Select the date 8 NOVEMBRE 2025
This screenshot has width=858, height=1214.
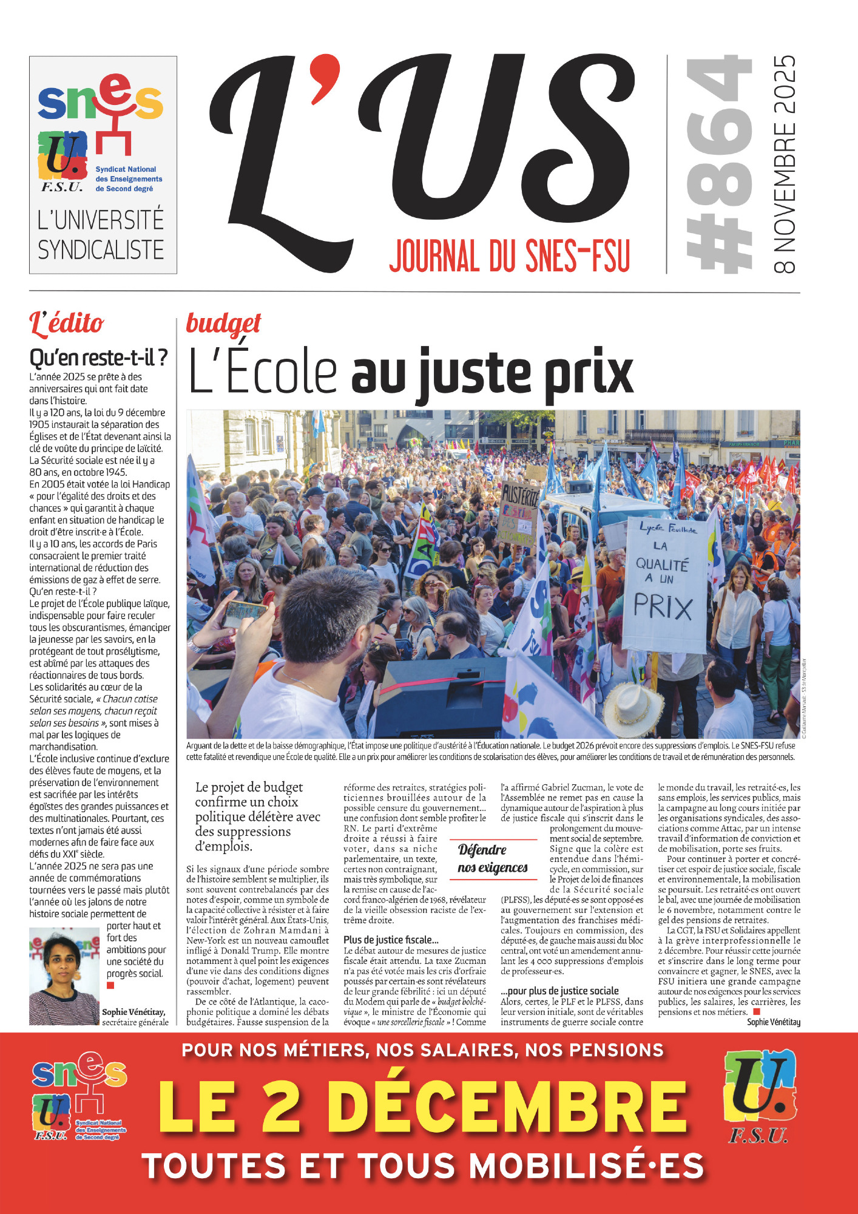(785, 164)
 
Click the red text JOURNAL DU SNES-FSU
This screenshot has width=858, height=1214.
(510, 256)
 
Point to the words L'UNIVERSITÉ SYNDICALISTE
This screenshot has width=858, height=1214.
(101, 235)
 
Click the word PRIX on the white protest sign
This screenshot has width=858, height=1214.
(663, 607)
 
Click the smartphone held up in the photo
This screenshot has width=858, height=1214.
(244, 613)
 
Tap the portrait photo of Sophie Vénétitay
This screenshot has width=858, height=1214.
(64, 976)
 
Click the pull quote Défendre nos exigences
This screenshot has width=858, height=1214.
(492, 858)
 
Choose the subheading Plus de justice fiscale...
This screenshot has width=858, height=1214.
(391, 940)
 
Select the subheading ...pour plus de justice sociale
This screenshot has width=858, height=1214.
(559, 991)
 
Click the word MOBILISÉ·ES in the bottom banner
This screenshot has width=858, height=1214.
(586, 1166)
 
